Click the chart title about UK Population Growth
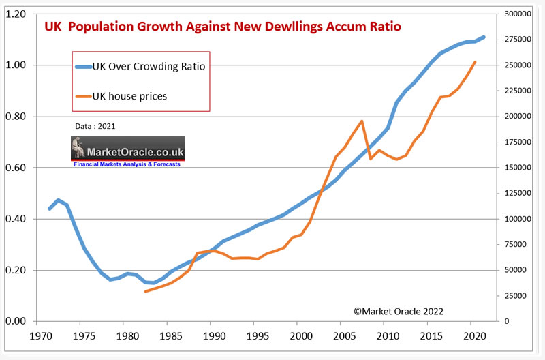pos(223,27)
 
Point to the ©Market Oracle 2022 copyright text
pos(399,311)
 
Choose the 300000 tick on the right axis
pos(518,14)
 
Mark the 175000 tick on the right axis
pos(518,142)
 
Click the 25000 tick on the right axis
pos(516,296)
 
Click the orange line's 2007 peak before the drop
pos(362,121)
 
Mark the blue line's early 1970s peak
pos(59,200)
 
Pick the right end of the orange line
pos(475,62)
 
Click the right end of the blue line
pos(484,37)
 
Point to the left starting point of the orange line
pos(145,292)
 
